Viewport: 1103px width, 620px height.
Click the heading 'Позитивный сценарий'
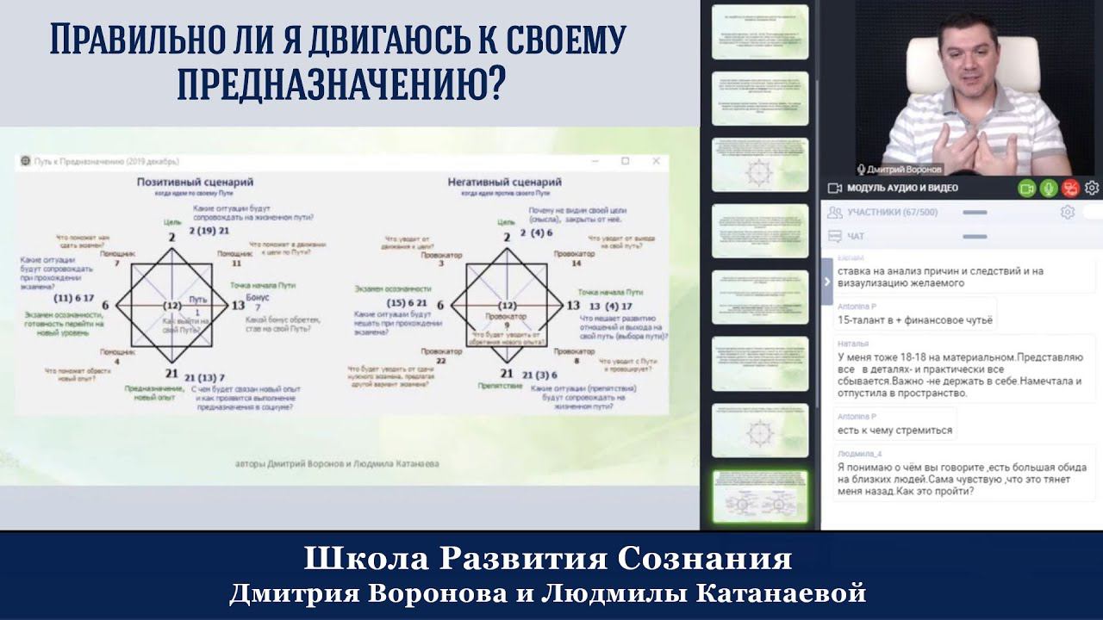200,183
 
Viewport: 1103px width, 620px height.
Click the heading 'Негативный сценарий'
504,183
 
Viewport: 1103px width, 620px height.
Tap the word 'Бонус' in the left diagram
257,296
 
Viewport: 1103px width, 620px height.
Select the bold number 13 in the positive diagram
239,306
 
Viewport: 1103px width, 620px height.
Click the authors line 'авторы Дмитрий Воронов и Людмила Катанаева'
337,463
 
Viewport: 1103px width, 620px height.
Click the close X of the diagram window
657,161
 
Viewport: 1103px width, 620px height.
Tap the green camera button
1025,188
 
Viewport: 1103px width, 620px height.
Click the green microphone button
1048,188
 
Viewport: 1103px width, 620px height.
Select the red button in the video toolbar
1069,188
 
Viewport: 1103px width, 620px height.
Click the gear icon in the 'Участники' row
1067,212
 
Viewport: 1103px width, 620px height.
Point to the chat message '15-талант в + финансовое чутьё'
915,319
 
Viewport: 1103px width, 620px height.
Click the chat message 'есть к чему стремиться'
894,430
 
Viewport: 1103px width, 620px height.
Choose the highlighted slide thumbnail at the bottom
759,496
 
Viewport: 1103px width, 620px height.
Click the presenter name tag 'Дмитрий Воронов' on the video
899,170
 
